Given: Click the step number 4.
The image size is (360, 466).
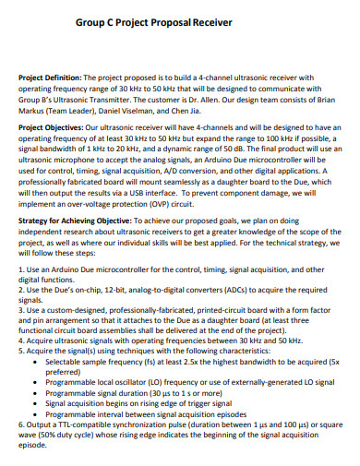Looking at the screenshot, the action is (x=21, y=339).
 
